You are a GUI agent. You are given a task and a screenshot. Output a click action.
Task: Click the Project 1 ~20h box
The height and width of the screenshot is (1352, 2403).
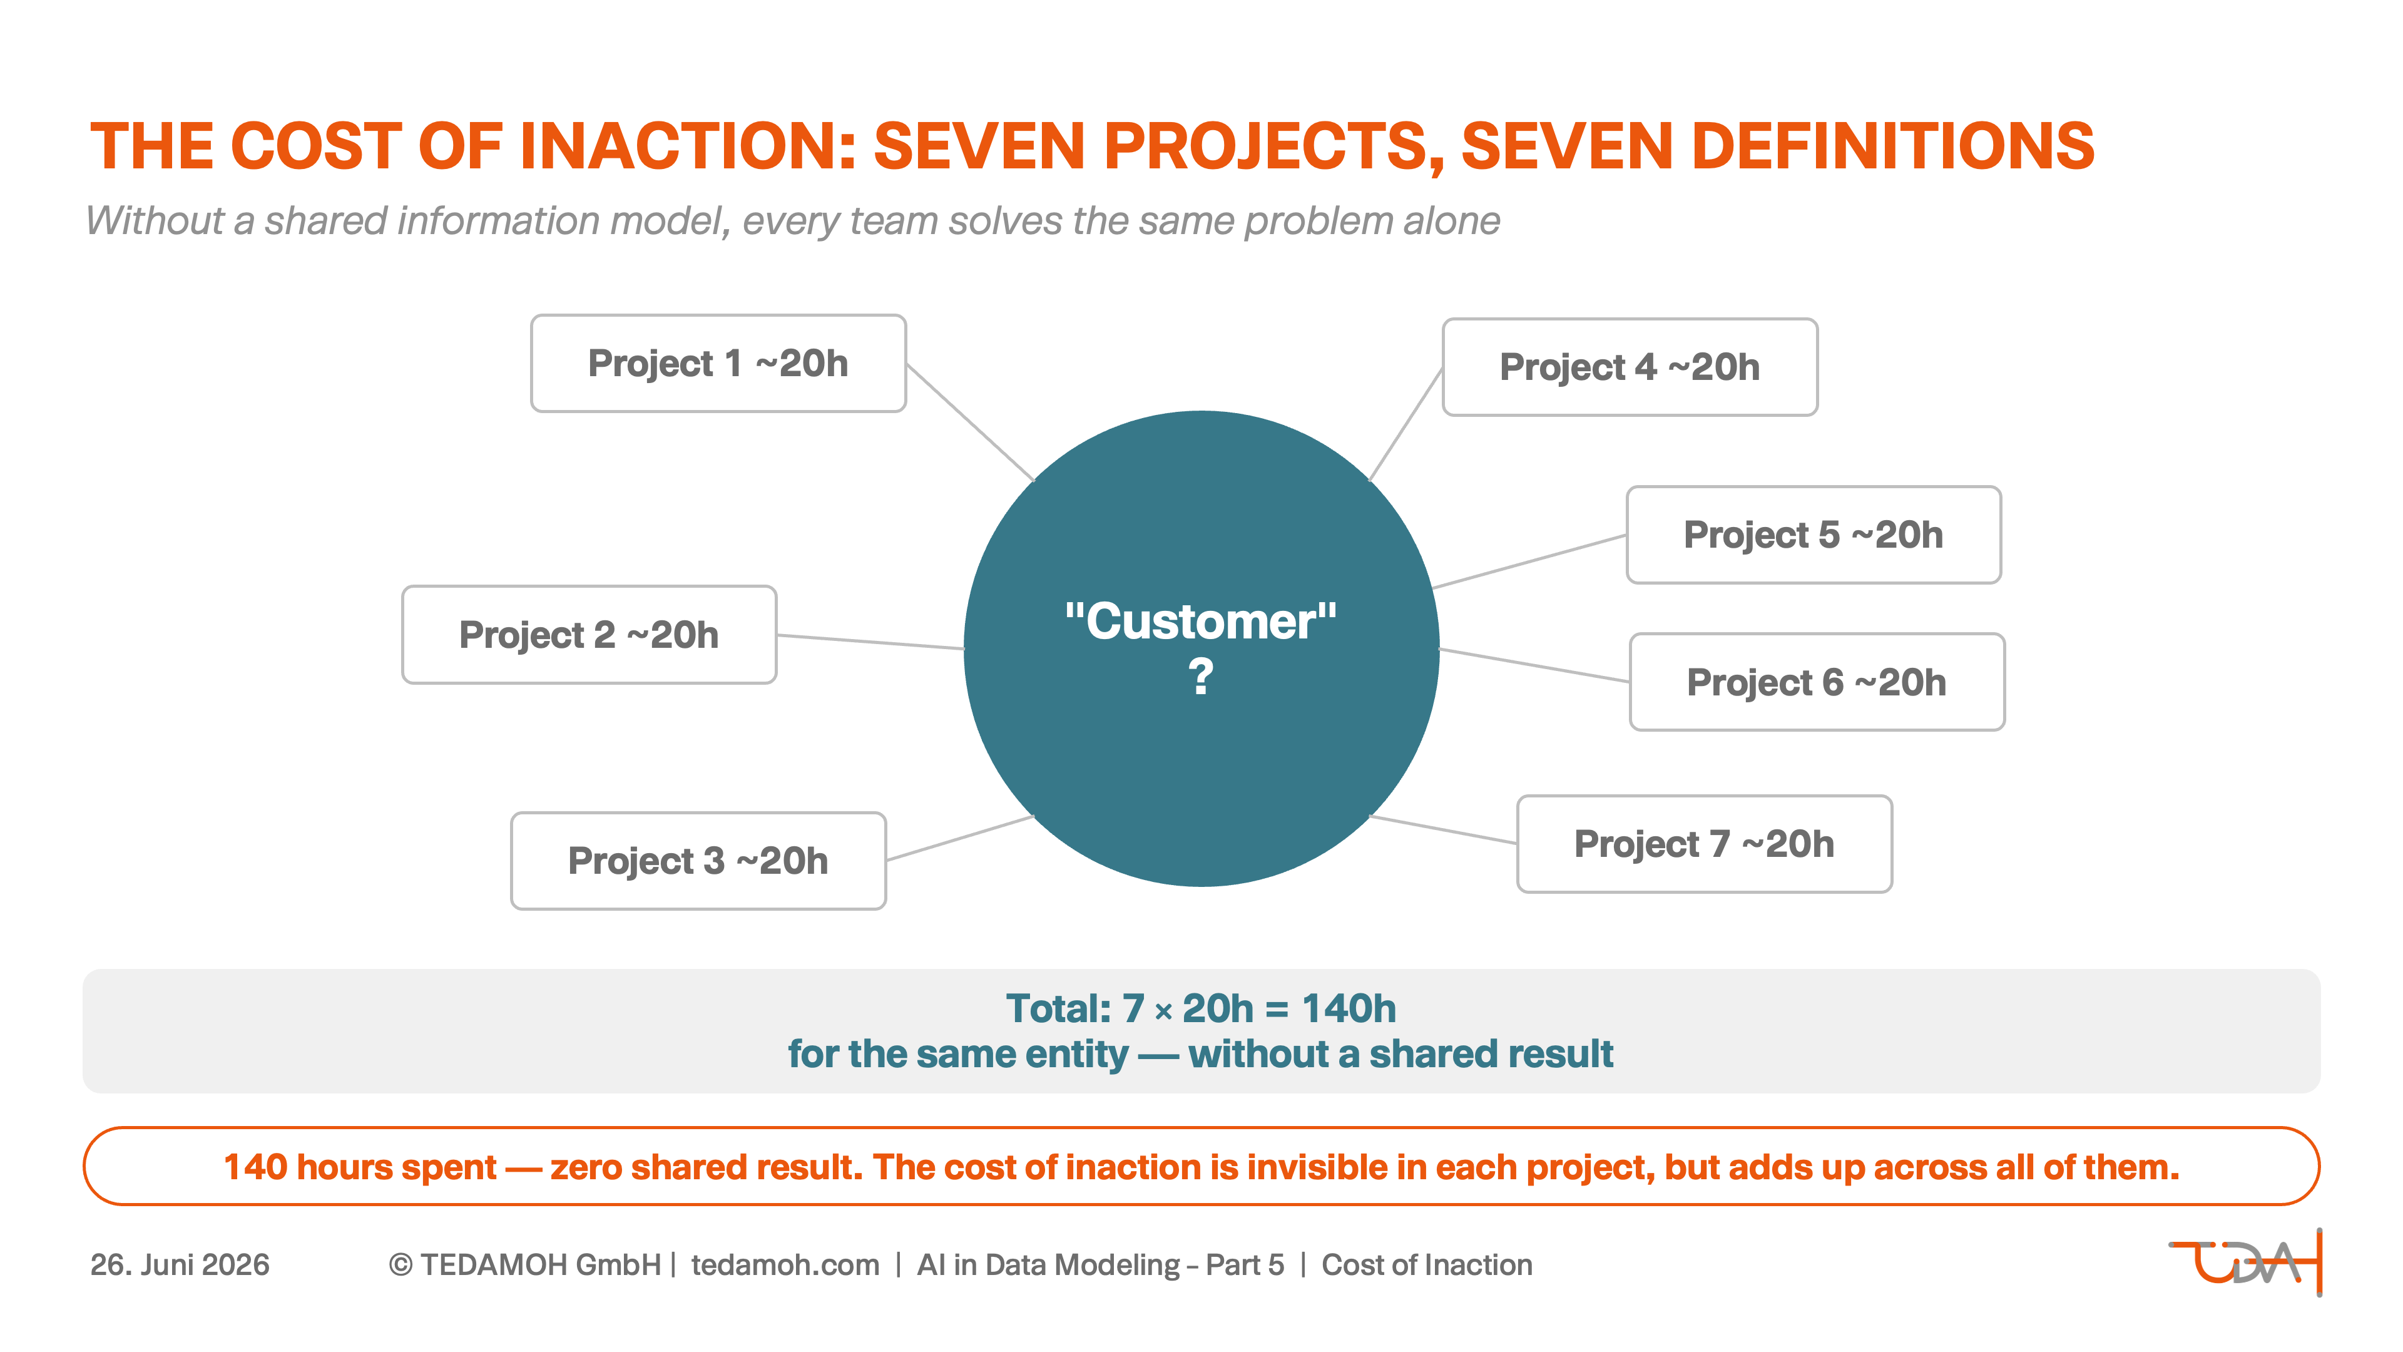click(x=718, y=363)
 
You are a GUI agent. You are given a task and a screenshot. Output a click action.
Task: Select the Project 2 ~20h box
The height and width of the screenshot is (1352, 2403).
click(x=589, y=635)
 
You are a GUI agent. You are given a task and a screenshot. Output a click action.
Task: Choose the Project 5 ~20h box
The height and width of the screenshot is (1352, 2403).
click(x=1814, y=535)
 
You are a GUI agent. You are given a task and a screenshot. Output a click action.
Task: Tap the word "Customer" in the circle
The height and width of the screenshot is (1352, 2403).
click(x=1201, y=622)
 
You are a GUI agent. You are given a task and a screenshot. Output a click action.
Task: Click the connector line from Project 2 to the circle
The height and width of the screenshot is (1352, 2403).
click(x=870, y=642)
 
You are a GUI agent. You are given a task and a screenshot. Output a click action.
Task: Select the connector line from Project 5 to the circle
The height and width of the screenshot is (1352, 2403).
click(x=1530, y=561)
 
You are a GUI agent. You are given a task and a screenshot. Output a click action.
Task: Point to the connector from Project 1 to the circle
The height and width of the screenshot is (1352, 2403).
click(x=970, y=422)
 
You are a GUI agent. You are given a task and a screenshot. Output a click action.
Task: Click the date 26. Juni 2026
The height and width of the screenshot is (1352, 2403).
click(x=180, y=1264)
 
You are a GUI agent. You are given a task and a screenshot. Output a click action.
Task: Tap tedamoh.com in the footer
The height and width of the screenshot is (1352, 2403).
click(x=785, y=1264)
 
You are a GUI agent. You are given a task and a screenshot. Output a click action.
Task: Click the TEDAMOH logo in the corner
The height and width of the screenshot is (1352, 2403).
click(x=2245, y=1262)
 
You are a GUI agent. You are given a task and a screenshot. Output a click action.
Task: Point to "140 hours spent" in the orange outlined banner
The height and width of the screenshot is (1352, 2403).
click(x=360, y=1167)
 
